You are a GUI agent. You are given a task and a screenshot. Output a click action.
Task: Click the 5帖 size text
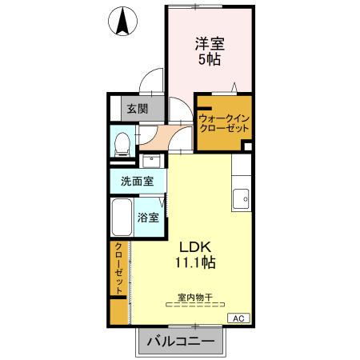[x=210, y=61]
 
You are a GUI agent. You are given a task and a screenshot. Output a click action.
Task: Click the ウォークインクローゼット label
[x=225, y=122]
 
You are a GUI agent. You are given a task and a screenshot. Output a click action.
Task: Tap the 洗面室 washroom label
[x=138, y=181]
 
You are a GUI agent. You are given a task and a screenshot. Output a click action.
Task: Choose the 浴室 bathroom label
[x=148, y=217]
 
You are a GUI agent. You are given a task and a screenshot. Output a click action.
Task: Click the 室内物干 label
[x=194, y=297]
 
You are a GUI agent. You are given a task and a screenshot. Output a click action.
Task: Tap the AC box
[x=238, y=318]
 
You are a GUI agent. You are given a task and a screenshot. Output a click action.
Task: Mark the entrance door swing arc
[x=147, y=81]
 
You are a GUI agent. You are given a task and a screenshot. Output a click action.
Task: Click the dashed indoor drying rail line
[x=194, y=306]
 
